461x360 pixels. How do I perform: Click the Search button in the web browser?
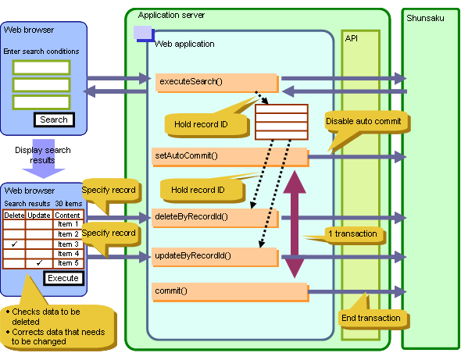[x=54, y=119]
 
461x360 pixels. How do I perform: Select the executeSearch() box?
[x=217, y=83]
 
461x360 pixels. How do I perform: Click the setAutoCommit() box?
[x=230, y=157]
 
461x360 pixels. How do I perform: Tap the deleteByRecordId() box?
[x=215, y=218]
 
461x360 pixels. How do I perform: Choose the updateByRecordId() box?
[x=215, y=257]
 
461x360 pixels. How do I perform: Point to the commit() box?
[x=230, y=292]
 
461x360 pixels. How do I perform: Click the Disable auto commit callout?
[x=367, y=122]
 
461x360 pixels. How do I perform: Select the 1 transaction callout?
[x=352, y=234]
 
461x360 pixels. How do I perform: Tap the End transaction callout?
[x=373, y=319]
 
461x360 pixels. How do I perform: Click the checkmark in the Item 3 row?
[x=14, y=244]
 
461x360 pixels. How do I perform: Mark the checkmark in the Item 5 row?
[x=39, y=262]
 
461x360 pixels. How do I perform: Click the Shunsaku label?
[x=425, y=18]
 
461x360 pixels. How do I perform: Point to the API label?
[x=352, y=38]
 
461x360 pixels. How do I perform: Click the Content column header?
[x=67, y=216]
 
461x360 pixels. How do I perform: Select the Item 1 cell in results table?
[x=68, y=224]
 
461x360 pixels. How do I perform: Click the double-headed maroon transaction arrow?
[x=295, y=225]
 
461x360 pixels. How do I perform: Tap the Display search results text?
[x=43, y=155]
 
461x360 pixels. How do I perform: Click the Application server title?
[x=171, y=15]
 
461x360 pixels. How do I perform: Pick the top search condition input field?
[x=41, y=68]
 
